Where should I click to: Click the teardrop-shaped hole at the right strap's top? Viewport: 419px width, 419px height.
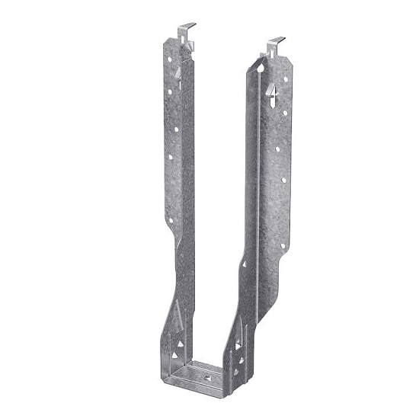pyautogui.click(x=261, y=68)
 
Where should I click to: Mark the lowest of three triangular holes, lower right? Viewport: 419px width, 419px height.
pyautogui.click(x=235, y=373)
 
